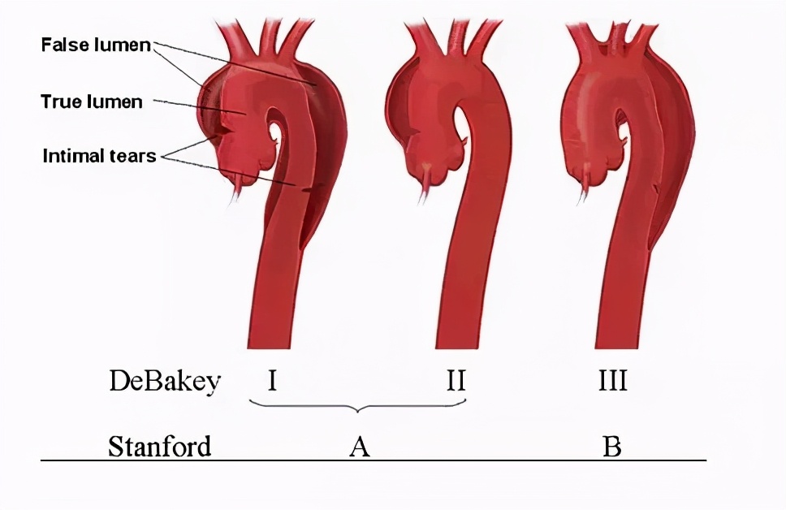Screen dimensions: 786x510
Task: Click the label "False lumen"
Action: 96,45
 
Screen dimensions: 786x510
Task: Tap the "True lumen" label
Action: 92,102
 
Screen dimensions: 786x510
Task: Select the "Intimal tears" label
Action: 100,156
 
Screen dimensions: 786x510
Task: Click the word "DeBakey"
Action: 164,381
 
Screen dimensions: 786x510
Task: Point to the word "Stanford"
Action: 159,446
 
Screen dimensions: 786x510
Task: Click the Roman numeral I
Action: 272,380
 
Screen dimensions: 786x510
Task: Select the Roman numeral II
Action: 456,380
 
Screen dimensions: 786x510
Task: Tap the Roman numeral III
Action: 612,380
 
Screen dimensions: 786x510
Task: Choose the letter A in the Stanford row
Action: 360,447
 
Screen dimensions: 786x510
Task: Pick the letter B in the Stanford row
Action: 611,447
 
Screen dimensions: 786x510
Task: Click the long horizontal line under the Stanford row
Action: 374,460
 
